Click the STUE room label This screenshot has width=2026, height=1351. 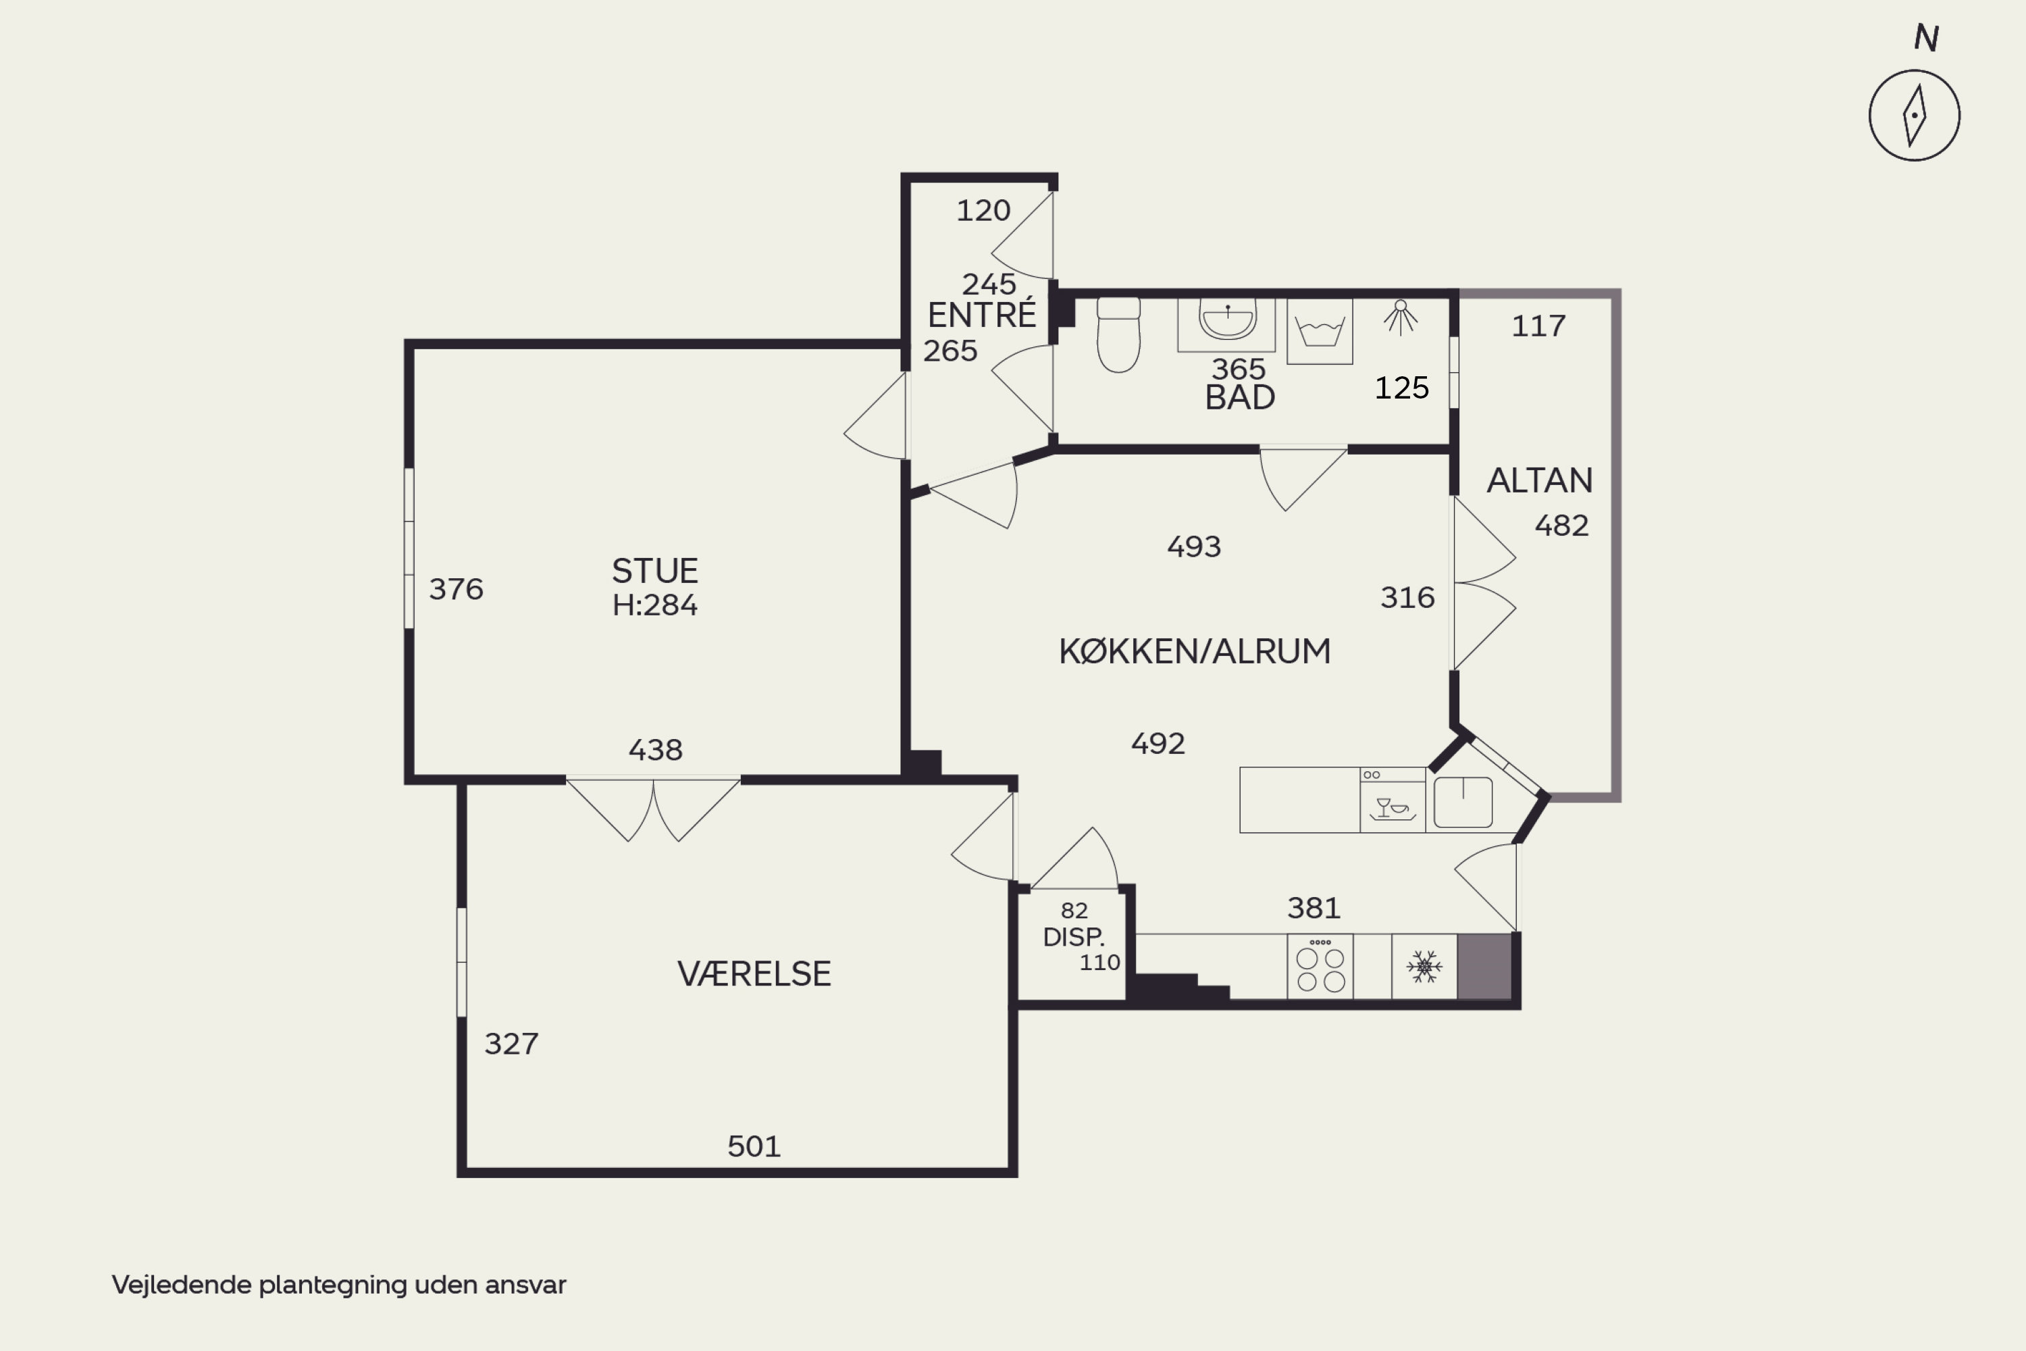pos(654,571)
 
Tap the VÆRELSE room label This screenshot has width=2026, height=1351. pos(754,973)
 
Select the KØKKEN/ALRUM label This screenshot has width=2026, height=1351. pos(1194,651)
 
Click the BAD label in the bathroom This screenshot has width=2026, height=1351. pos(1239,397)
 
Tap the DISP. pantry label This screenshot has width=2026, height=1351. pos(1073,936)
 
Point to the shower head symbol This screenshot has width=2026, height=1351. pos(1401,317)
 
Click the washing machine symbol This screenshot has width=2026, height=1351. pos(1320,332)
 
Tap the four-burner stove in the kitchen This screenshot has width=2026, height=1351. pos(1320,967)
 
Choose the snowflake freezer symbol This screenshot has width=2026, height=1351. pos(1424,967)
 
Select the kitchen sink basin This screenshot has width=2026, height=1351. pos(1463,802)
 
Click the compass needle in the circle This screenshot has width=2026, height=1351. pos(1914,116)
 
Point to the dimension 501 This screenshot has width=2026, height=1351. pos(754,1147)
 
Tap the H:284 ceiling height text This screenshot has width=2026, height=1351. pos(654,605)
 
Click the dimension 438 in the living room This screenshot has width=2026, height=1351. pos(656,750)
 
